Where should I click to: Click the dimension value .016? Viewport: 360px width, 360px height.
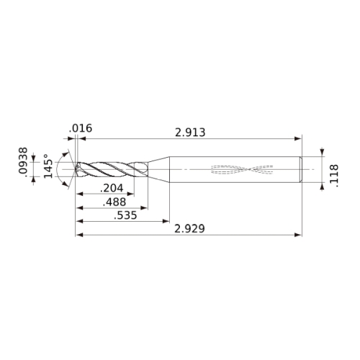81,128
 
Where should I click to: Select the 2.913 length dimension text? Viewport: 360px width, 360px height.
190,132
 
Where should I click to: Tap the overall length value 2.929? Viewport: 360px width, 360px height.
189,229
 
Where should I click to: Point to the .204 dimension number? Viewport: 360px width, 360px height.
112,188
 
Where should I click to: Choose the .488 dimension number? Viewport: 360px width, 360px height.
114,202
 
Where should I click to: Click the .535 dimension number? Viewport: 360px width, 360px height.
125,215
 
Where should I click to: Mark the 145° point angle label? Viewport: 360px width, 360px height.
48,166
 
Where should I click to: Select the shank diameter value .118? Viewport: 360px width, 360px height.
334,176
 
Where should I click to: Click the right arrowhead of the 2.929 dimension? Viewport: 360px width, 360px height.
298,235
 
